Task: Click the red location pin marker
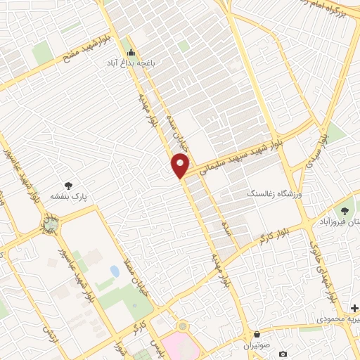[x=180, y=166]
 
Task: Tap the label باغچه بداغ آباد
[x=130, y=63]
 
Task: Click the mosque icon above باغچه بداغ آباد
[x=131, y=52]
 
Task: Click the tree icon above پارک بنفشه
[x=68, y=186]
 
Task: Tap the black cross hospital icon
[x=354, y=309]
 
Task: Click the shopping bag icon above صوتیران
[x=257, y=335]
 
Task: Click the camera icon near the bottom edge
[x=283, y=354]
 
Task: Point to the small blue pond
[x=115, y=271]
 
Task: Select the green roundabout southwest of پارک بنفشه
[x=51, y=226]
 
